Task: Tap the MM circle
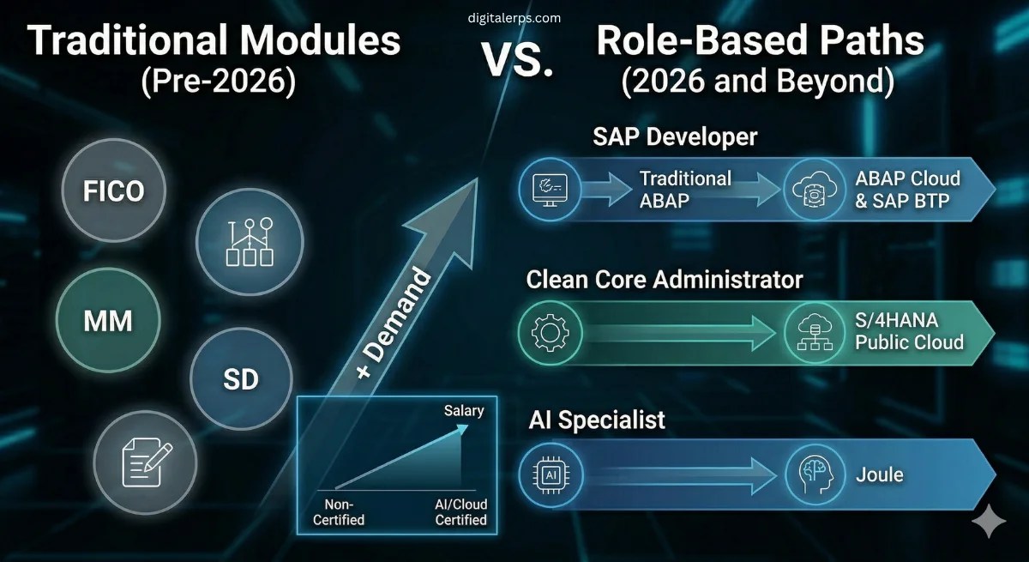pos(108,322)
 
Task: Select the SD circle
pos(240,378)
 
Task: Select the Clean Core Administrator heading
pos(665,280)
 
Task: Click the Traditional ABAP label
pos(685,190)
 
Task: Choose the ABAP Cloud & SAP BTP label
pos(907,190)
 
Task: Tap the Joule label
pos(879,473)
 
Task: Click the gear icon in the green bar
pos(551,331)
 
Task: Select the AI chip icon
pos(551,473)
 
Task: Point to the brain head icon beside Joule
pos(815,473)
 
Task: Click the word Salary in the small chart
pos(464,411)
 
